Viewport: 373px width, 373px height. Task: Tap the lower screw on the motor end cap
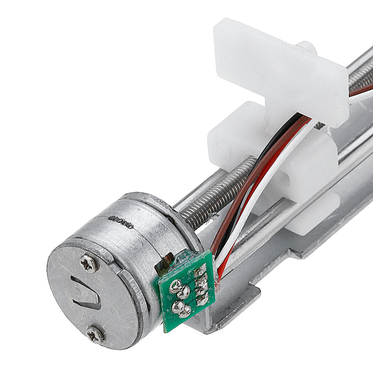(x=96, y=334)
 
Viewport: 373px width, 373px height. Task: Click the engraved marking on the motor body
(x=121, y=220)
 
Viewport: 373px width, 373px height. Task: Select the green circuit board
(x=186, y=291)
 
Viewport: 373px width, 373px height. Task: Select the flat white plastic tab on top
(x=280, y=70)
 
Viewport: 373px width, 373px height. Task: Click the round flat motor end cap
(x=93, y=298)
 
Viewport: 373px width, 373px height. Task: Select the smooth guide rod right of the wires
(x=261, y=224)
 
